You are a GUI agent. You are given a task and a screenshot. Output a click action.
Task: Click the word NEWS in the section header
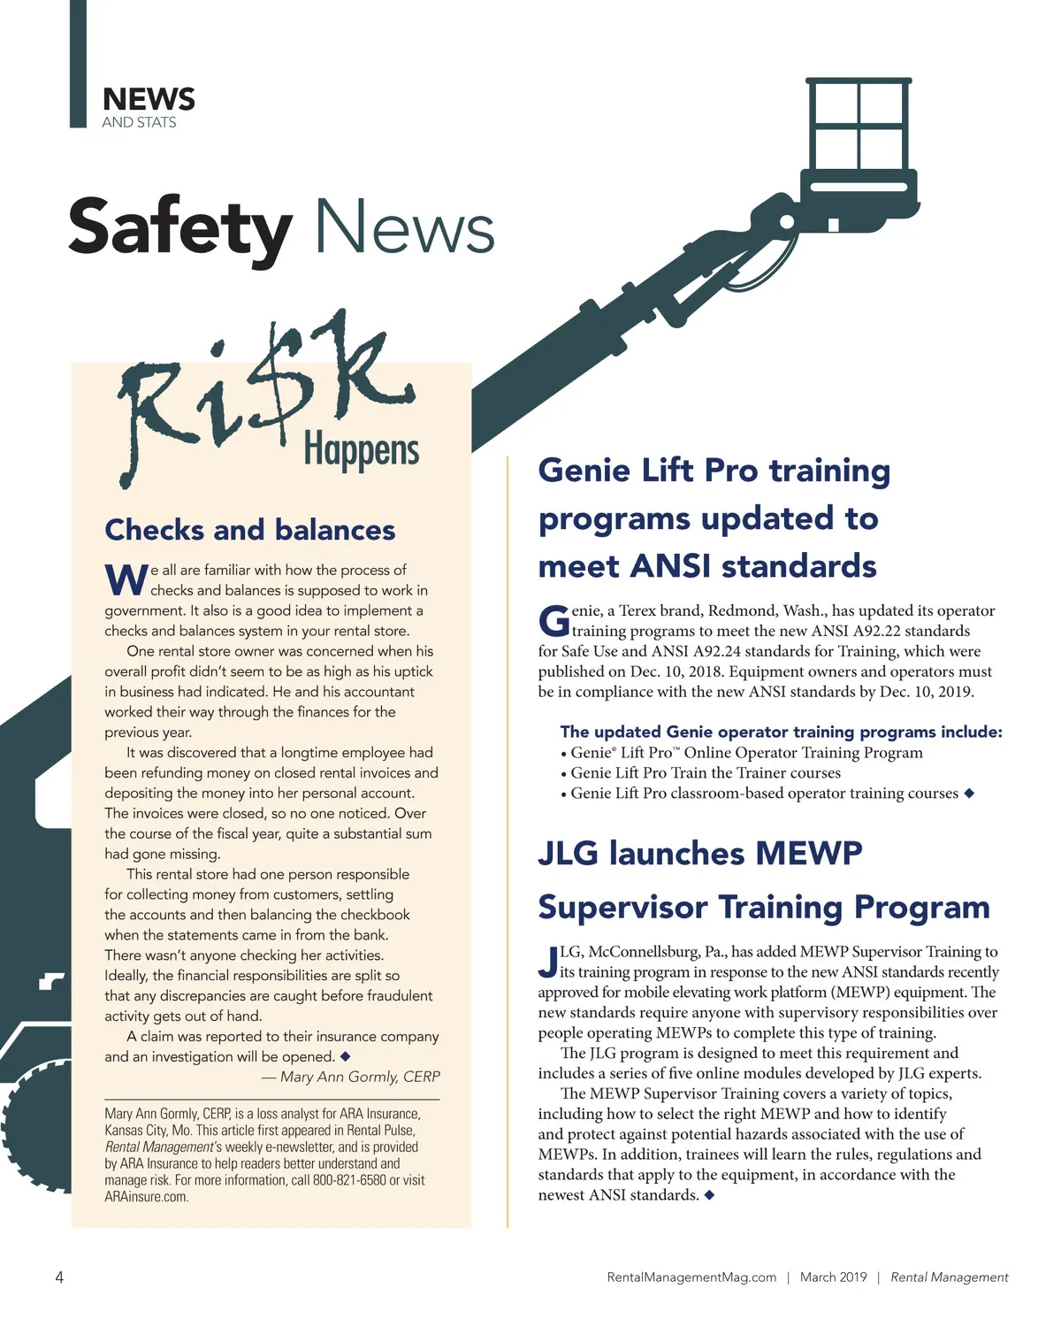[149, 99]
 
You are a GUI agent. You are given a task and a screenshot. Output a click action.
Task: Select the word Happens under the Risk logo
[361, 450]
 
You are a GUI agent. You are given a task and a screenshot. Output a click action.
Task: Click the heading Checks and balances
[250, 530]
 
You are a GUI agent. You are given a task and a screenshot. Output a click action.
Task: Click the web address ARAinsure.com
[147, 1197]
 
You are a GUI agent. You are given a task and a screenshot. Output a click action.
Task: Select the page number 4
[59, 1277]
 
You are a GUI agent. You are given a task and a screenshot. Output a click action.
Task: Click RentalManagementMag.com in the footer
[691, 1277]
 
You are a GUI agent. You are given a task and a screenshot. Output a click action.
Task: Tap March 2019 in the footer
[833, 1277]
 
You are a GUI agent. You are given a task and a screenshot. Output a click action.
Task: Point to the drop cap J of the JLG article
[547, 962]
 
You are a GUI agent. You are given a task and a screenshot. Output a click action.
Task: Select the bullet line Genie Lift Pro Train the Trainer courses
[705, 773]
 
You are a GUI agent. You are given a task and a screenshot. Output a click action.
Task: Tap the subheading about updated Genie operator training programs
[781, 732]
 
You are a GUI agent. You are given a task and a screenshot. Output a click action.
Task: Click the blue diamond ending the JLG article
[709, 1195]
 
